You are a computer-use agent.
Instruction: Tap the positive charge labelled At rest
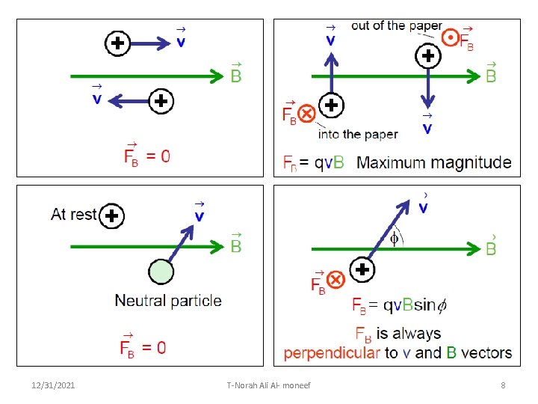point(112,215)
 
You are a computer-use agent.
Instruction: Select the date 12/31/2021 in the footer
point(53,385)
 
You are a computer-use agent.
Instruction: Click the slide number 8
point(503,385)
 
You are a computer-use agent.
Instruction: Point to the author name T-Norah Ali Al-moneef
point(268,385)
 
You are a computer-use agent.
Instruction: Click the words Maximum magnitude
point(434,162)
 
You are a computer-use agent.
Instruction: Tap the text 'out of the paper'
point(396,26)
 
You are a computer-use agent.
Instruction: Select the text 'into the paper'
point(358,135)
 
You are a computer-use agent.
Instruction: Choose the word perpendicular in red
point(331,353)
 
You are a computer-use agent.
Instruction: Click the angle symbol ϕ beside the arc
point(395,238)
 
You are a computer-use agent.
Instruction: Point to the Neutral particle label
point(168,301)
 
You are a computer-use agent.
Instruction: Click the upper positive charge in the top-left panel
point(117,43)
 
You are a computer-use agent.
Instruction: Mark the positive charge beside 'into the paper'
point(331,105)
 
